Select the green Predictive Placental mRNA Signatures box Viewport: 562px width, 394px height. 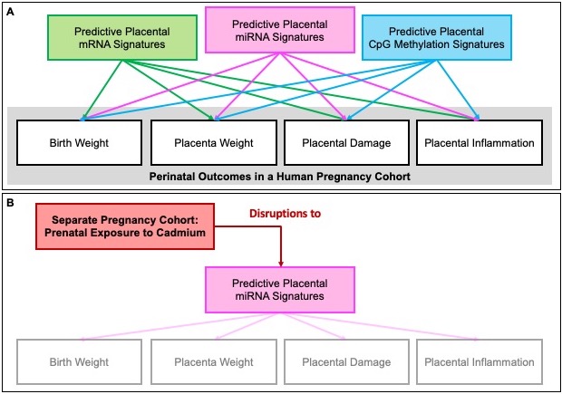tap(104, 38)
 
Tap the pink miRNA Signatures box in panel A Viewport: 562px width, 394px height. tap(281, 31)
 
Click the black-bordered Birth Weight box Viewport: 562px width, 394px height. tap(80, 141)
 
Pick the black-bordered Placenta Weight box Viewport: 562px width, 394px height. tap(214, 141)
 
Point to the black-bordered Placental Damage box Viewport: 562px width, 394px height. tap(347, 141)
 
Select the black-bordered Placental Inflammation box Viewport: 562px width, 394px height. tap(480, 141)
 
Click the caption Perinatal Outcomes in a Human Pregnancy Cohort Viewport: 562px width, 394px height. tap(281, 174)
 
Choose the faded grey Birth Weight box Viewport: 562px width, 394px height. tap(80, 362)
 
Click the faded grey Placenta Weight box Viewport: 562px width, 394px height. tap(214, 362)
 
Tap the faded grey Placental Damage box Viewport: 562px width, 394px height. tap(347, 362)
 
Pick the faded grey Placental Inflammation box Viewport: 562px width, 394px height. tap(480, 362)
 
